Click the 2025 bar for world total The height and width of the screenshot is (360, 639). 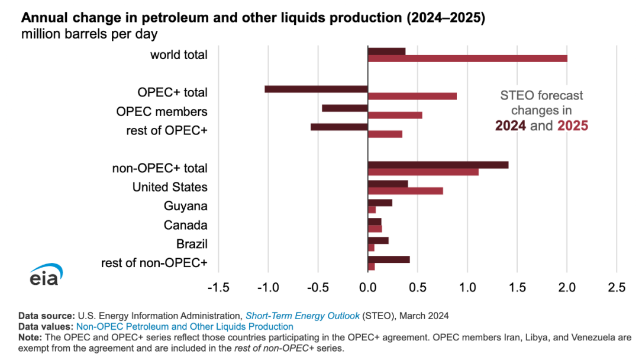tap(467, 59)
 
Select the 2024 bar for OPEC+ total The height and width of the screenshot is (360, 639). tap(316, 89)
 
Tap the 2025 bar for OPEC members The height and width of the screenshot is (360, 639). tap(395, 115)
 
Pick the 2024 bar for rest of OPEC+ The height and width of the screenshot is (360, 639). tap(339, 127)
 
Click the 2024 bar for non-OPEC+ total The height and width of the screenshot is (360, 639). tap(438, 165)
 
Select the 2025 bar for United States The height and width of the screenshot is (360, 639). tap(405, 191)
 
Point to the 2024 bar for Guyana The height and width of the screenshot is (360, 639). tap(380, 202)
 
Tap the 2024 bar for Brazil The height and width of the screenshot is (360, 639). tap(378, 240)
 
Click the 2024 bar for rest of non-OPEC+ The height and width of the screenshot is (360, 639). tap(389, 259)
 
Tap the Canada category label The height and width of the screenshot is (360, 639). tap(185, 225)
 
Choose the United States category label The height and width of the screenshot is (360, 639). tap(170, 187)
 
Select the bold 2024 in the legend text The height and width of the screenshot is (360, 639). tap(511, 126)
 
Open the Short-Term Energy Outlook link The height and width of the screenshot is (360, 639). tap(293, 316)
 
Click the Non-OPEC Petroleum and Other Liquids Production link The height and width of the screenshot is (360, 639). tap(185, 326)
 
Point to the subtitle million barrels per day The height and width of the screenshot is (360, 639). tap(89, 34)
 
